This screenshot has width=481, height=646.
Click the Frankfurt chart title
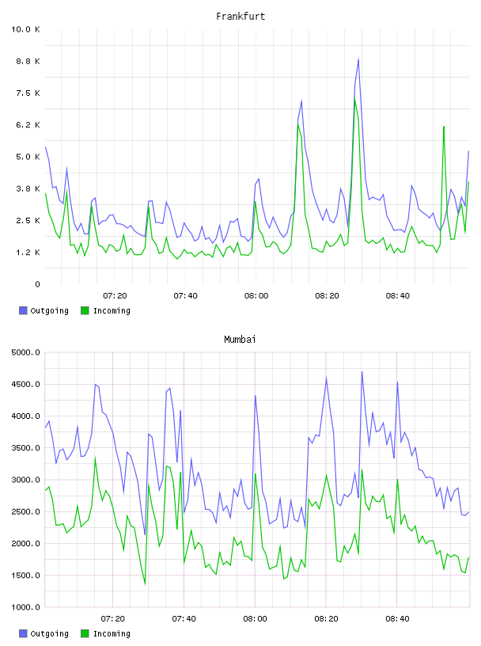240,17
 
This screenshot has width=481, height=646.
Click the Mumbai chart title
240,340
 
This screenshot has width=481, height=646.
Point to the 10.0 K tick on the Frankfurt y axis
25,29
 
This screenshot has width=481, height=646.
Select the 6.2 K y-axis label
28,125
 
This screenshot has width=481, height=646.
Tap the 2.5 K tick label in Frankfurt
28,220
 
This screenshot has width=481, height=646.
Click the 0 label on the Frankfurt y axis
37,284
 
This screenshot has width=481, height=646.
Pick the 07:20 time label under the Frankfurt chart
115,295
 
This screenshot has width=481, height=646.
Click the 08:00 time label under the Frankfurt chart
256,295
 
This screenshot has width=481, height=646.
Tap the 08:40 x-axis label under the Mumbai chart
397,618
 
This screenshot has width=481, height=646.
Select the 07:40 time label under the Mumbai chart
184,618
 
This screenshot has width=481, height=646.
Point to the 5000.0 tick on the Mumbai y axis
25,352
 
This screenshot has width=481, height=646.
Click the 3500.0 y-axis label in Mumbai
25,448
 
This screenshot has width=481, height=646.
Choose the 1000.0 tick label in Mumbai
25,607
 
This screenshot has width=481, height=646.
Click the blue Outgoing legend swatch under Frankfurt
23,310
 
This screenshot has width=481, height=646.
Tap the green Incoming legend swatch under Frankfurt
85,310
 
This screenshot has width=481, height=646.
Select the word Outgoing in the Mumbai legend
49,633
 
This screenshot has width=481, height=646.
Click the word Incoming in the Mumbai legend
112,633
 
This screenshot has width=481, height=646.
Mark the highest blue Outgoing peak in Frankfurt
358,59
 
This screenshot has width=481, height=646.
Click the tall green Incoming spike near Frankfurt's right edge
444,127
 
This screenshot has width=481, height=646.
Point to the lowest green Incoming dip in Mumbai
145,583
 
